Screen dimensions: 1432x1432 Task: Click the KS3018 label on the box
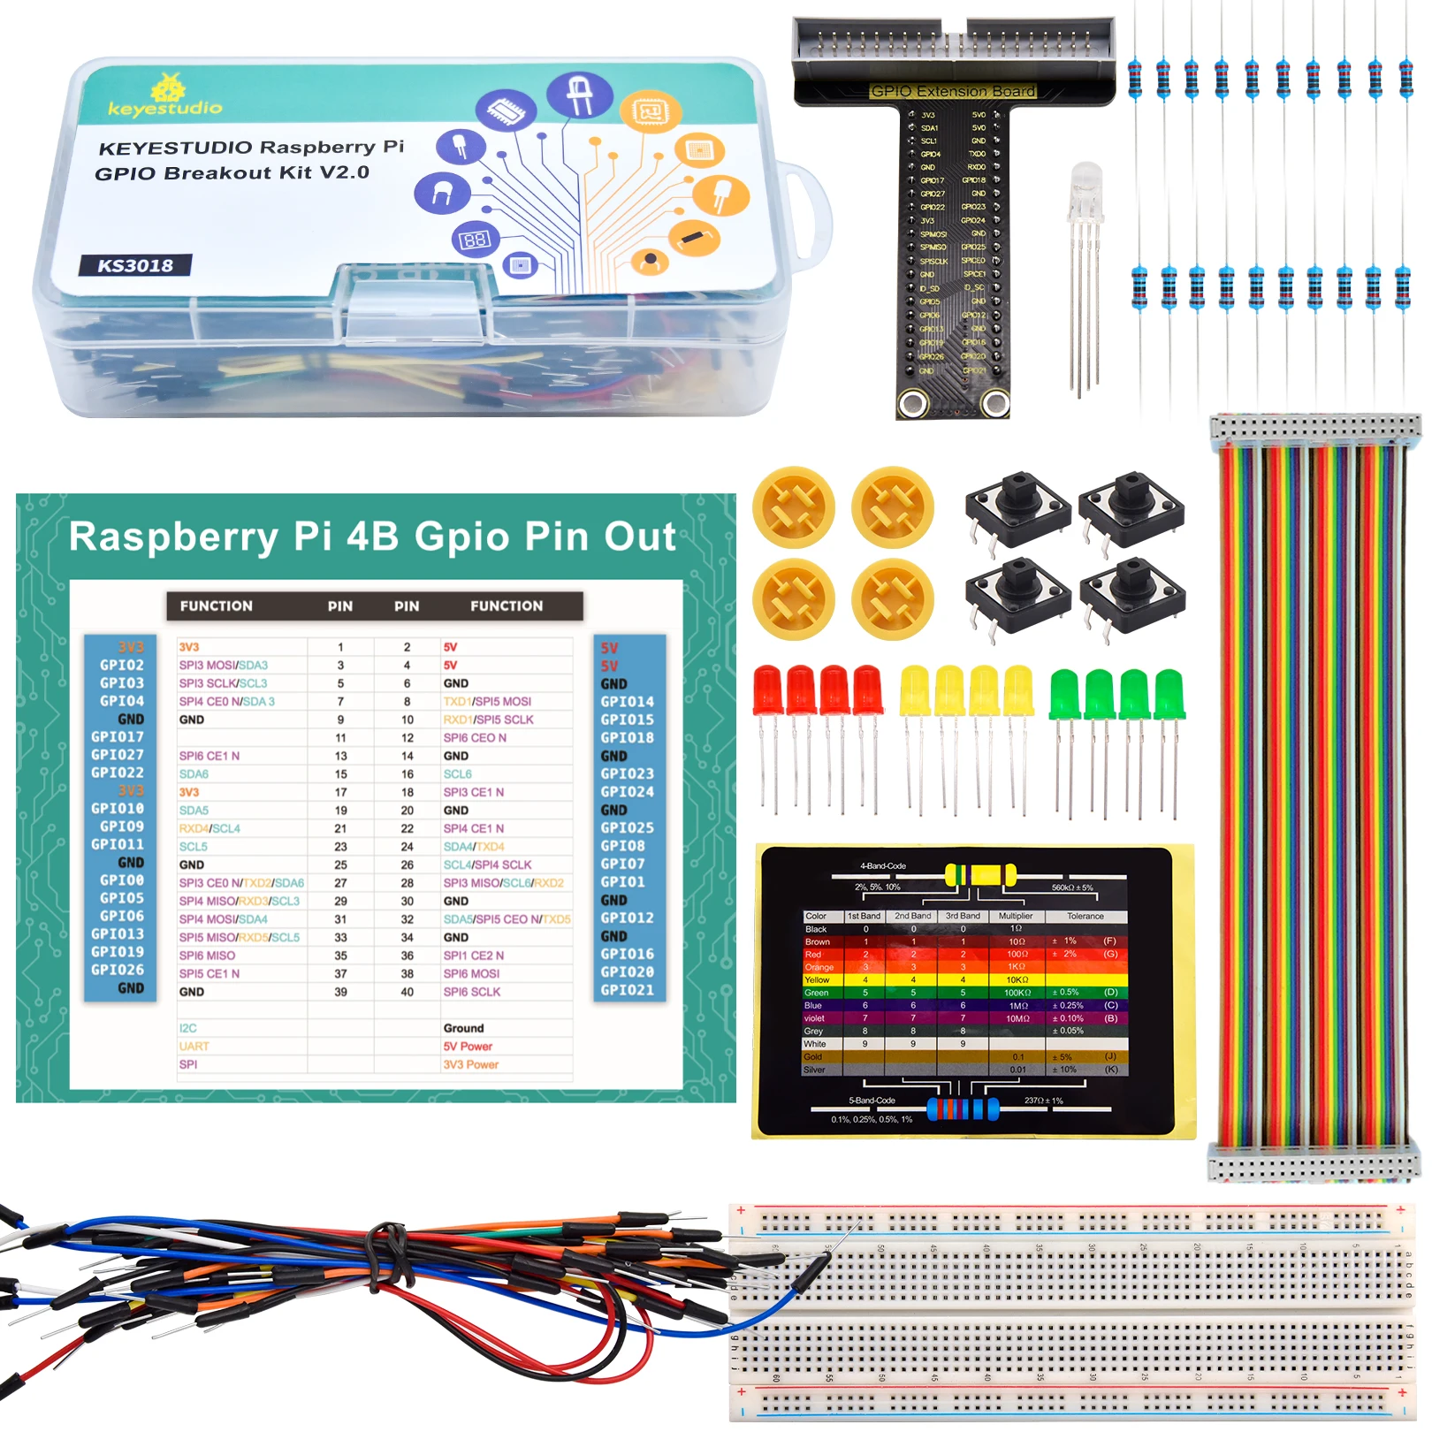[x=135, y=265]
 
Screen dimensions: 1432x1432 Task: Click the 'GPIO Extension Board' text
[x=953, y=91]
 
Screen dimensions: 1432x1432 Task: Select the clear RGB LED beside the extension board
[x=1085, y=190]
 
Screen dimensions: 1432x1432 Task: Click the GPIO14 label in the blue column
[x=628, y=702]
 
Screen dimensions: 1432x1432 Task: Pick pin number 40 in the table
[x=407, y=992]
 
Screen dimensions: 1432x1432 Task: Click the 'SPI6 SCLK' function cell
[x=472, y=992]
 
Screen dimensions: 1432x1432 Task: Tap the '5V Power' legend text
[x=468, y=1047]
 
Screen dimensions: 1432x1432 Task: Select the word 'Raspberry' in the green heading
[x=173, y=537]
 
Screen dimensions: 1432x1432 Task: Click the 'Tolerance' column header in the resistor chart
[x=1085, y=916]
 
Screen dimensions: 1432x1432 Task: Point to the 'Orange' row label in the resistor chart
[x=819, y=967]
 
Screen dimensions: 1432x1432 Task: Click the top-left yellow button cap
[x=794, y=507]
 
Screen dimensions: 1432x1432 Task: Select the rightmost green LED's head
[x=1168, y=694]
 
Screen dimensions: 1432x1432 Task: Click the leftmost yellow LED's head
[x=914, y=690]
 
